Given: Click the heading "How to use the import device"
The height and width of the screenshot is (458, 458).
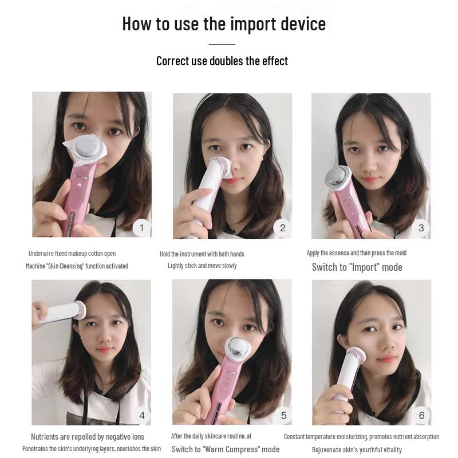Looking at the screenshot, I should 224,24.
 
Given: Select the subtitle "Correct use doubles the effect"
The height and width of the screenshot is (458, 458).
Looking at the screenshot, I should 222,61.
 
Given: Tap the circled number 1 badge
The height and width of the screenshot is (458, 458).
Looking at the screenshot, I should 142,228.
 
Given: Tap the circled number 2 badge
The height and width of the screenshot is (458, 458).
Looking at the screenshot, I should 282,228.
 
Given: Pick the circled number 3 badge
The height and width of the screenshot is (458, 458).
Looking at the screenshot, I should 421,228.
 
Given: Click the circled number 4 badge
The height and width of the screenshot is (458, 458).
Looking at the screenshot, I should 142,415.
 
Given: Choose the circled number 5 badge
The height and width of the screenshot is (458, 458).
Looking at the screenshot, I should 283,415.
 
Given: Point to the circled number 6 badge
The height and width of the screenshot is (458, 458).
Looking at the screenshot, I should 421,415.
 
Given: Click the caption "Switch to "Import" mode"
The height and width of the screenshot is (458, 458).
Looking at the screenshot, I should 357,267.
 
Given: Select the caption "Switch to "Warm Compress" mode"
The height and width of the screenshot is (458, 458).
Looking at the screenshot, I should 226,449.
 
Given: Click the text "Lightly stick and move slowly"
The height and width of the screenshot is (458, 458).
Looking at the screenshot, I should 202,266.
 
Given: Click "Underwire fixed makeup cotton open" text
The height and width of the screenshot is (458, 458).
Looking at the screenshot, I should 72,254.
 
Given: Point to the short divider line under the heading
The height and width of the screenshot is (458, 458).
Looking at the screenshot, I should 222,44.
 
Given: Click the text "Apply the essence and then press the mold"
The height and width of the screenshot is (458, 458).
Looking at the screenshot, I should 357,253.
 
